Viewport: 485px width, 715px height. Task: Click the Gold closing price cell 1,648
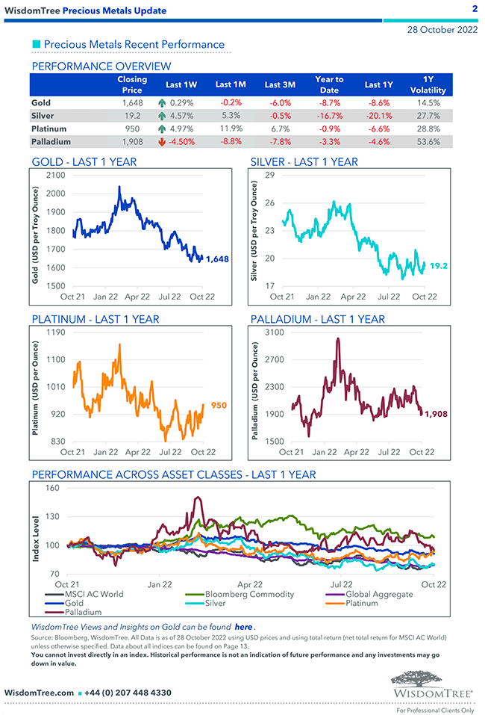point(131,102)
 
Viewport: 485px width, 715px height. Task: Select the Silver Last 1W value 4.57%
point(181,116)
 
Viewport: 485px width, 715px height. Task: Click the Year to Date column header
point(329,84)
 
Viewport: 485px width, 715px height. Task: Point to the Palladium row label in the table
point(51,141)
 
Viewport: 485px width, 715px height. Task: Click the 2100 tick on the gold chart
point(55,175)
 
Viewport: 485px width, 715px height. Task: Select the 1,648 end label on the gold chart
point(216,259)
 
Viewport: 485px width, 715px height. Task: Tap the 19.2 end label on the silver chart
point(439,265)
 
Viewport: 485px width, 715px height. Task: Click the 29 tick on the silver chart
point(270,175)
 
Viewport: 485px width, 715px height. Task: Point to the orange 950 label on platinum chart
point(219,406)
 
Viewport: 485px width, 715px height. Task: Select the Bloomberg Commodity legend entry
point(249,594)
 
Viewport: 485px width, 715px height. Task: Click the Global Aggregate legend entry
point(379,594)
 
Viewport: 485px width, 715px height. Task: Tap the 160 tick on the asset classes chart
point(52,489)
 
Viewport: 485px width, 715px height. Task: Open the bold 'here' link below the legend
point(243,627)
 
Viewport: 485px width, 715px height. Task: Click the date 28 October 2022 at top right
point(442,30)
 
